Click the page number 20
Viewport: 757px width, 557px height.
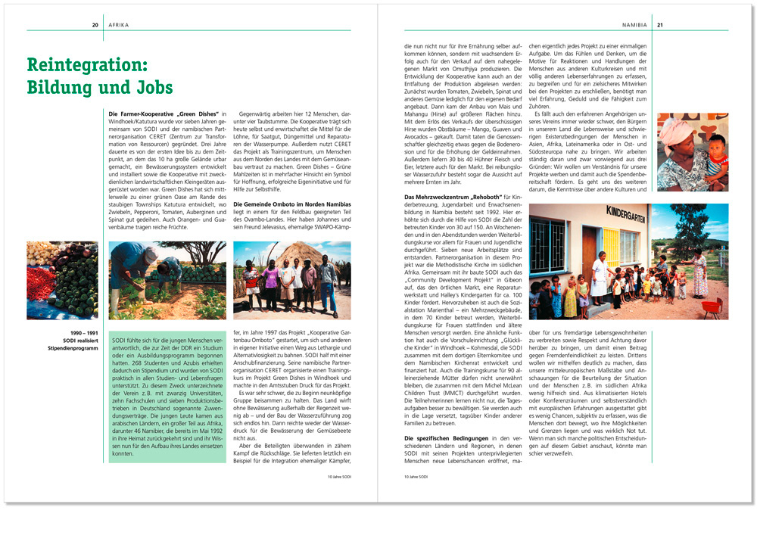click(x=95, y=25)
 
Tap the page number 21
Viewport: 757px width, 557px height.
click(x=660, y=25)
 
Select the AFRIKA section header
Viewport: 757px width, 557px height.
click(x=119, y=25)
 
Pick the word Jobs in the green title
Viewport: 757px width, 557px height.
click(x=148, y=87)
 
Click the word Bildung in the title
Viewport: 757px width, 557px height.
click(x=58, y=87)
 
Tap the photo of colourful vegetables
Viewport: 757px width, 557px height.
click(x=62, y=280)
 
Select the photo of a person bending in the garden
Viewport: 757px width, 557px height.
click(x=167, y=280)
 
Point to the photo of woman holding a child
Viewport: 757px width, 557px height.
click(x=692, y=151)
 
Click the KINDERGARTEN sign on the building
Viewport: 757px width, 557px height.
click(x=610, y=215)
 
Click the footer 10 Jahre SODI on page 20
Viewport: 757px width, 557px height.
click(x=339, y=477)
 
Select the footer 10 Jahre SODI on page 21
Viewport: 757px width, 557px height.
click(x=416, y=477)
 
